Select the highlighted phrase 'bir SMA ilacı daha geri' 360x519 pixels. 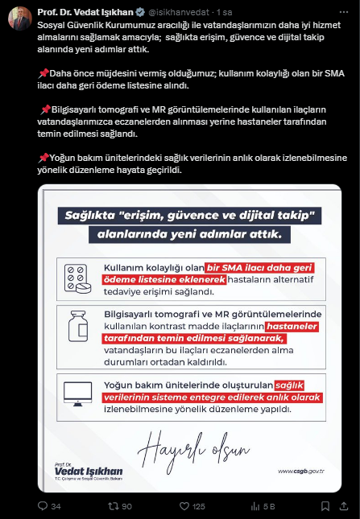click(259, 267)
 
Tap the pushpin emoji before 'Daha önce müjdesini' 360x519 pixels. click(43, 73)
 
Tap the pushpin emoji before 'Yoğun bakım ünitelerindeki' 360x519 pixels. click(43, 157)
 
